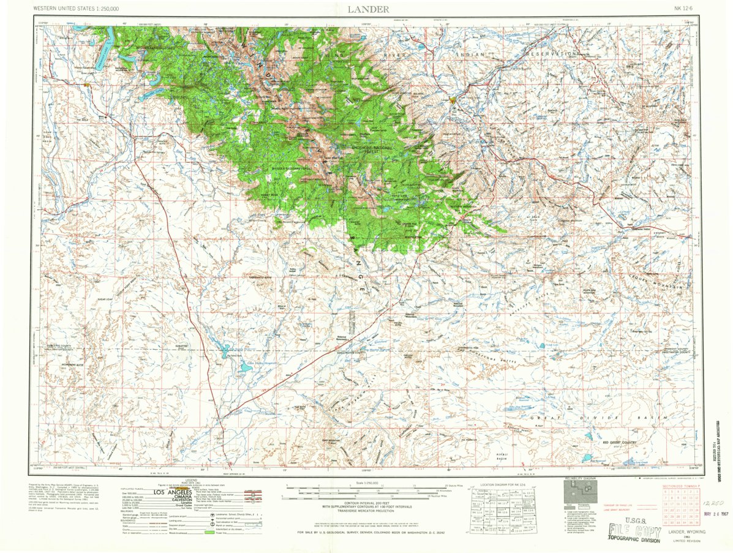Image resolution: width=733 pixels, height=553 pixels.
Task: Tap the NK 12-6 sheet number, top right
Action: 686,9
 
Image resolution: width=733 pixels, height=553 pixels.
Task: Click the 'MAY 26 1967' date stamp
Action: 717,514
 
